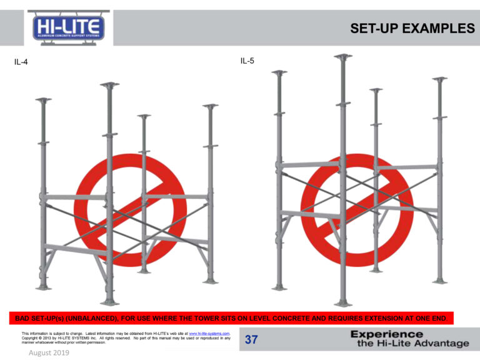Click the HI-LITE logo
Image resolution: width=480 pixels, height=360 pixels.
pyautogui.click(x=69, y=28)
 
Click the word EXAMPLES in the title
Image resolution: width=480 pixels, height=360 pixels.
pyautogui.click(x=438, y=29)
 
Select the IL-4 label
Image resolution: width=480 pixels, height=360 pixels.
pyautogui.click(x=21, y=62)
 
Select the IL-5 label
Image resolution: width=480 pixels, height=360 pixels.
pyautogui.click(x=247, y=61)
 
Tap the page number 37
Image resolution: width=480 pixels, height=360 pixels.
pyautogui.click(x=251, y=339)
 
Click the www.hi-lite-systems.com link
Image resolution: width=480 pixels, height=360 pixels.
pyautogui.click(x=209, y=333)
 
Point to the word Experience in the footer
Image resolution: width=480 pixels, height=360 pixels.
pyautogui.click(x=387, y=334)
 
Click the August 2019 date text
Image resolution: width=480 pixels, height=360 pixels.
pyautogui.click(x=49, y=352)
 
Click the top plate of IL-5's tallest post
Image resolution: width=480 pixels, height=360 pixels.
pyautogui.click(x=343, y=56)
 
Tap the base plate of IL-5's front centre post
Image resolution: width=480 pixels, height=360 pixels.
pyautogui.click(x=343, y=304)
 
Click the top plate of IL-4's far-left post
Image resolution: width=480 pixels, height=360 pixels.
pyautogui.click(x=44, y=99)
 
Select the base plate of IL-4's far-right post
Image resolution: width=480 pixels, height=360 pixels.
pyautogui.click(x=210, y=282)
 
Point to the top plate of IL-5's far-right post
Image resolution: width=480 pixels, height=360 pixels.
pyautogui.click(x=440, y=79)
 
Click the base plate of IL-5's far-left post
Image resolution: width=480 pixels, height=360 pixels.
pyautogui.click(x=279, y=288)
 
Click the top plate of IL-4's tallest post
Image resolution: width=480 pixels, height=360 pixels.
pyautogui.click(x=109, y=84)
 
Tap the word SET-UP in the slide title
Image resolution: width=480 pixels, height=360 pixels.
pyautogui.click(x=374, y=29)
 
